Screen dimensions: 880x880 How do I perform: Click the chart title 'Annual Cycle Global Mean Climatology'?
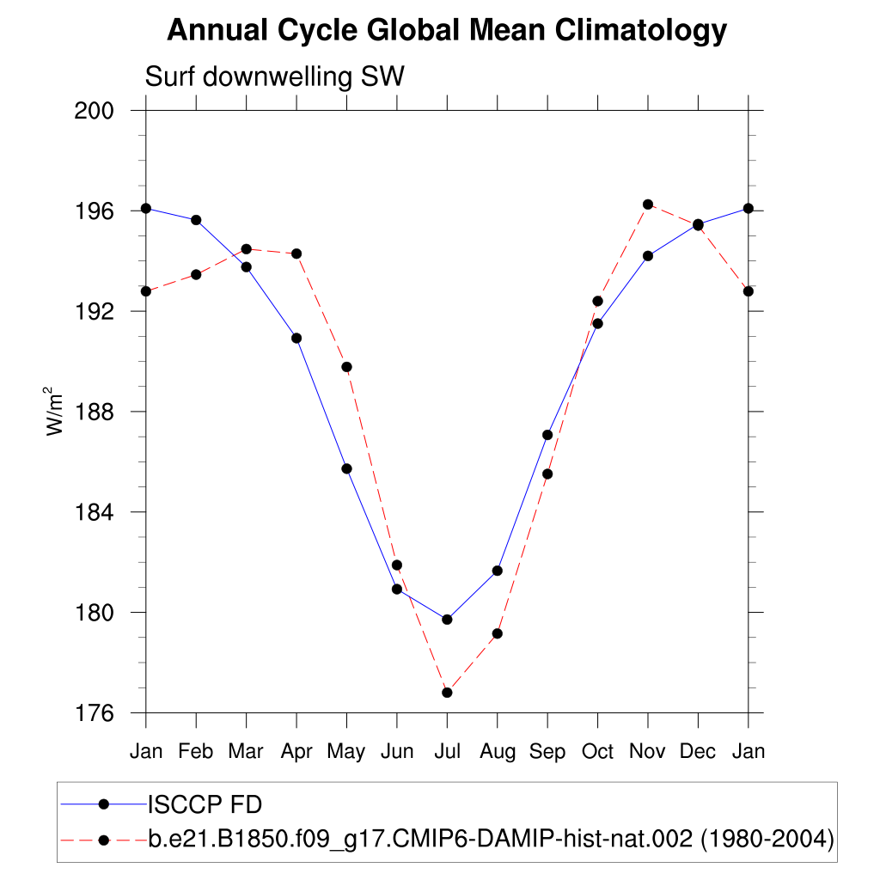click(447, 31)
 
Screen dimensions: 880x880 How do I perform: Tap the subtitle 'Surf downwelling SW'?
click(274, 77)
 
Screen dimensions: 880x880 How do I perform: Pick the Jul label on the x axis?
click(447, 752)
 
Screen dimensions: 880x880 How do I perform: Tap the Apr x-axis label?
click(296, 752)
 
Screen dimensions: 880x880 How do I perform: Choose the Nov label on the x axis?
click(648, 752)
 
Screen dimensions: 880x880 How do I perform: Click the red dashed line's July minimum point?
click(447, 693)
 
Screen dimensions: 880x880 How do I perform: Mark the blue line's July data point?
click(447, 620)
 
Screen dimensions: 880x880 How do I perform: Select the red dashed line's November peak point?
click(648, 205)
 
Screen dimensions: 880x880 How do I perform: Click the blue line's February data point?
click(196, 220)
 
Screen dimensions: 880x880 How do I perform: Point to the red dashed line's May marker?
click(347, 367)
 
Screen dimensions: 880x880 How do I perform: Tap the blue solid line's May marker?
click(347, 468)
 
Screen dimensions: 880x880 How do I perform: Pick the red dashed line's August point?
click(497, 634)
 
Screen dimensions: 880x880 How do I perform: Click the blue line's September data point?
click(547, 435)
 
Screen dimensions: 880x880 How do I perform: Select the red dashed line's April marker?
click(296, 254)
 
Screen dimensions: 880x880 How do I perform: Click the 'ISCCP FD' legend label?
click(205, 805)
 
